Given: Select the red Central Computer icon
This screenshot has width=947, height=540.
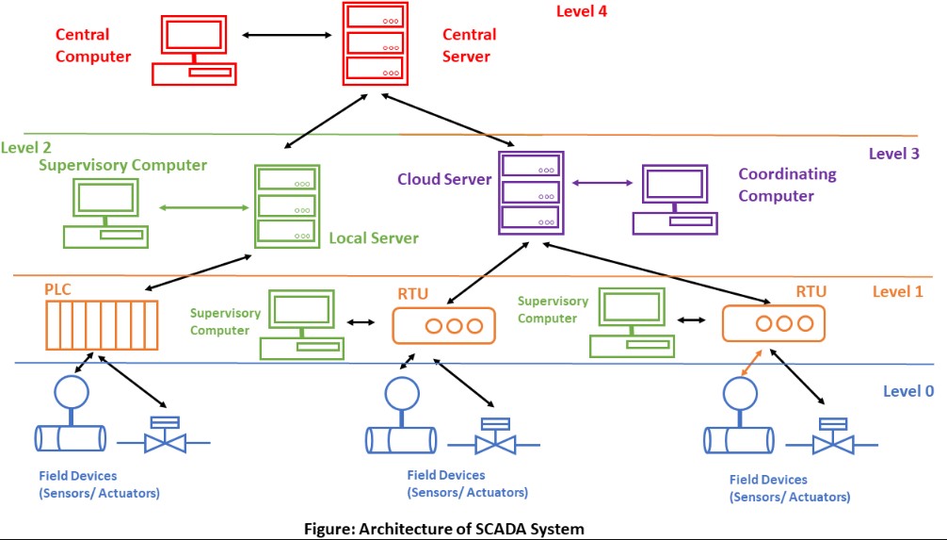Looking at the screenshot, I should click(x=193, y=49).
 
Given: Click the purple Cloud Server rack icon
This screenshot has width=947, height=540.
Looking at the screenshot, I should click(x=530, y=192).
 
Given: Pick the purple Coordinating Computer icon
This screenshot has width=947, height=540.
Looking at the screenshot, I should click(x=675, y=199).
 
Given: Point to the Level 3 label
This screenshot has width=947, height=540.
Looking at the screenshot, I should click(x=893, y=153).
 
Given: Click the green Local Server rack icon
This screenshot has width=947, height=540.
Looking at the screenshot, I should click(x=287, y=205).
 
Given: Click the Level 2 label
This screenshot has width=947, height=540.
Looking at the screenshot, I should click(x=26, y=147).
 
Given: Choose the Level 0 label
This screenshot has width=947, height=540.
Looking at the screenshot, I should click(x=907, y=390).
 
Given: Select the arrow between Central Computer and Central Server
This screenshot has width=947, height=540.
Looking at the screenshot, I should click(x=285, y=35).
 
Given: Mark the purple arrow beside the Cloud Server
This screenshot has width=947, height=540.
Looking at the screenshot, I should click(x=602, y=183).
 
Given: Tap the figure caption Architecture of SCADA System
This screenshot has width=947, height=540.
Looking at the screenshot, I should click(x=442, y=529).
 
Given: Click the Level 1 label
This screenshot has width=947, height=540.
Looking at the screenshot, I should click(x=897, y=291).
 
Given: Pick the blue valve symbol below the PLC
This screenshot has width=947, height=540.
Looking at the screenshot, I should click(x=164, y=435).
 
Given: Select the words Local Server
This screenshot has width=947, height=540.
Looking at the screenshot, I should click(x=373, y=238).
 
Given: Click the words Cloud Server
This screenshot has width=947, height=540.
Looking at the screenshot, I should click(x=443, y=179).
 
